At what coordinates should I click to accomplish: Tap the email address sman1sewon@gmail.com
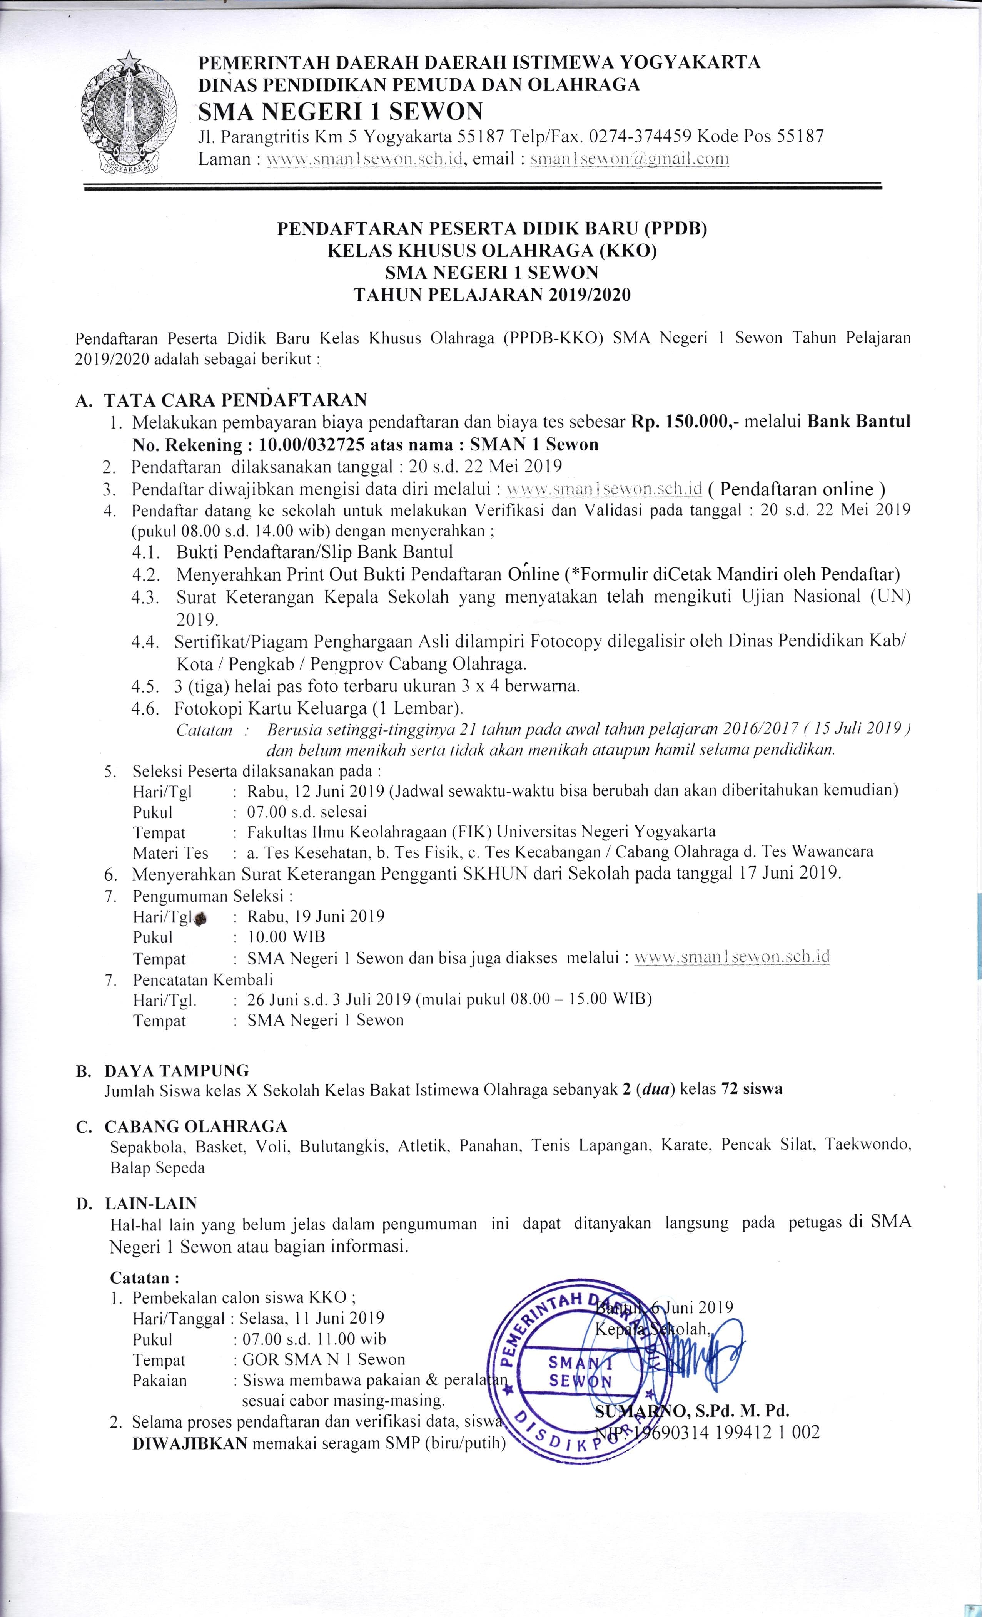point(630,159)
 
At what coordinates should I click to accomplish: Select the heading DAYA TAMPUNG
point(177,1070)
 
